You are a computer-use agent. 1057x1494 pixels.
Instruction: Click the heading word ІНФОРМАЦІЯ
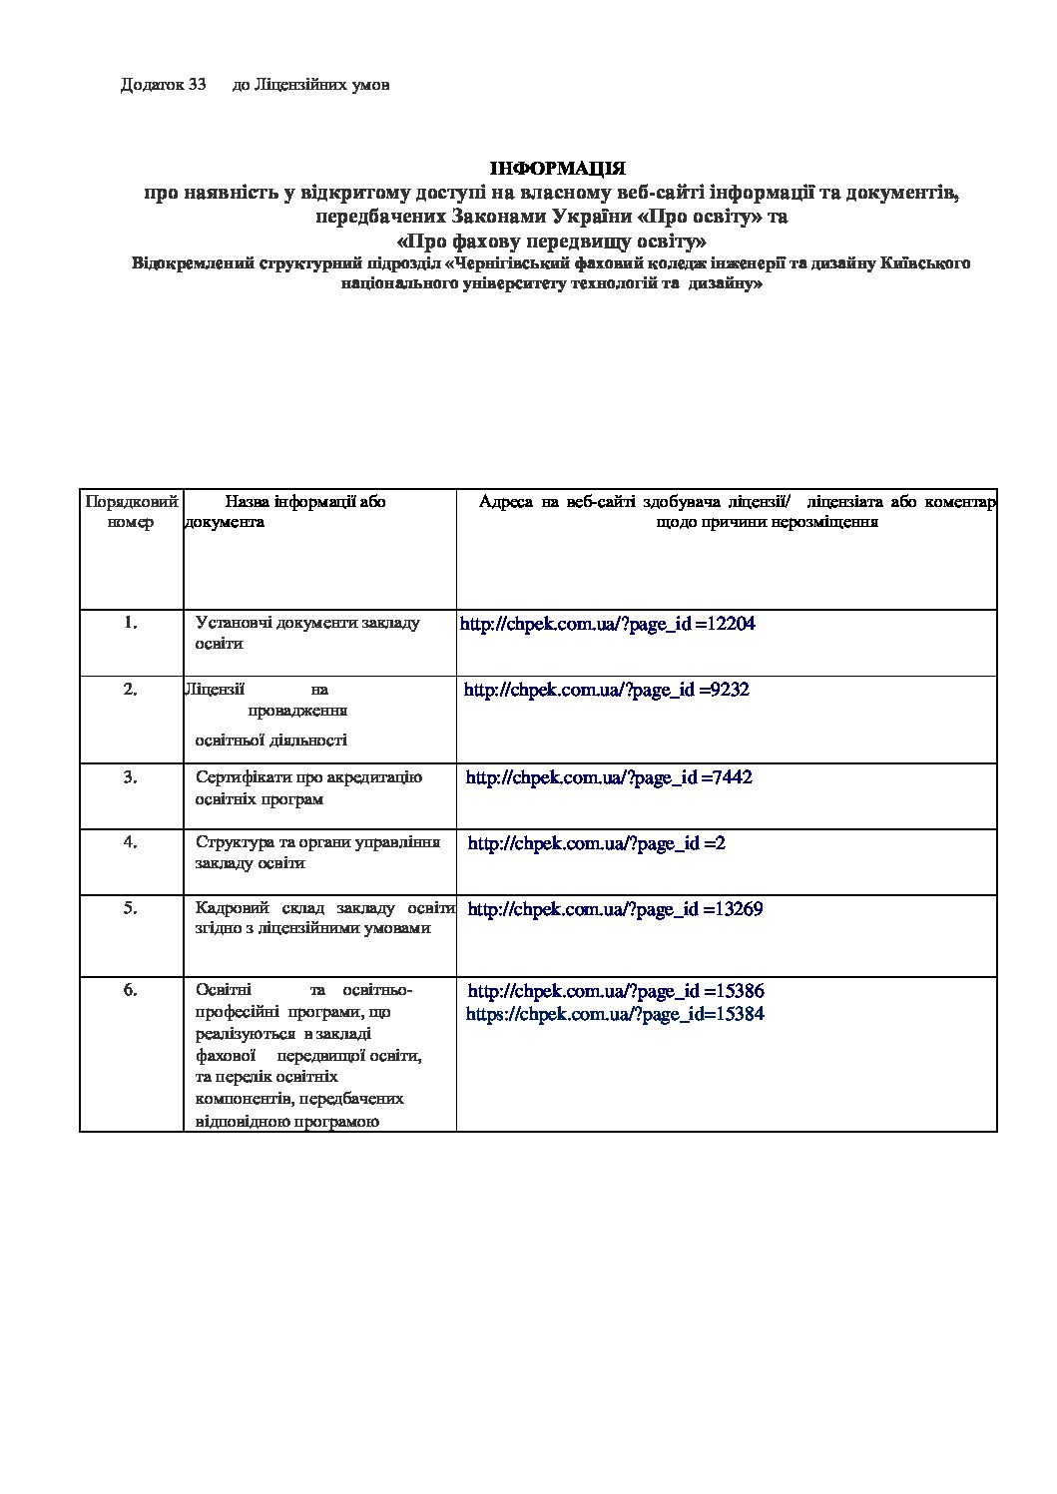pos(557,169)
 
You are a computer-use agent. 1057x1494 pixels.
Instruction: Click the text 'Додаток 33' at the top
pos(163,85)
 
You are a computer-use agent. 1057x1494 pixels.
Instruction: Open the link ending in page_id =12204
pos(607,624)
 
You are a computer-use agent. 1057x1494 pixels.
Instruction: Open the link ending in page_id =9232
pos(606,690)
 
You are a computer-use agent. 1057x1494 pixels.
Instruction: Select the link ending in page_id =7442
pos(608,777)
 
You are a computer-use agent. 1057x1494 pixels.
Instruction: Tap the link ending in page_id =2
pos(596,843)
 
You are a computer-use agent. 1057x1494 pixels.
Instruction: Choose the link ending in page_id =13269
pos(615,909)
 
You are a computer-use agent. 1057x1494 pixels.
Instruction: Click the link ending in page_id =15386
pos(616,991)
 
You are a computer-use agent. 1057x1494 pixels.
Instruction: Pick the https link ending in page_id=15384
pos(616,1014)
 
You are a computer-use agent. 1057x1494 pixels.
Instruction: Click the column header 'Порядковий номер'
pos(132,511)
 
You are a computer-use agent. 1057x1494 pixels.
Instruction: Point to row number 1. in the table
pos(131,623)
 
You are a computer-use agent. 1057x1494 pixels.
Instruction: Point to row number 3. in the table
pos(131,777)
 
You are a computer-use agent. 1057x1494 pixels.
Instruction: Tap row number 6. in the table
pos(131,990)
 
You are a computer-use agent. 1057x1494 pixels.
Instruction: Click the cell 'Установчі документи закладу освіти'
pos(307,633)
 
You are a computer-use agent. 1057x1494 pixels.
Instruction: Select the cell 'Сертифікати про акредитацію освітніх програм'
pos(308,788)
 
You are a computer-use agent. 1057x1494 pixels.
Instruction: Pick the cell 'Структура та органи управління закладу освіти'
pos(317,853)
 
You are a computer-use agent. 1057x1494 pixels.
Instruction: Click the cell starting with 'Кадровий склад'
pos(324,918)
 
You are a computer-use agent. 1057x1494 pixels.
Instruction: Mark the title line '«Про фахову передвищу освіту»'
pos(552,241)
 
